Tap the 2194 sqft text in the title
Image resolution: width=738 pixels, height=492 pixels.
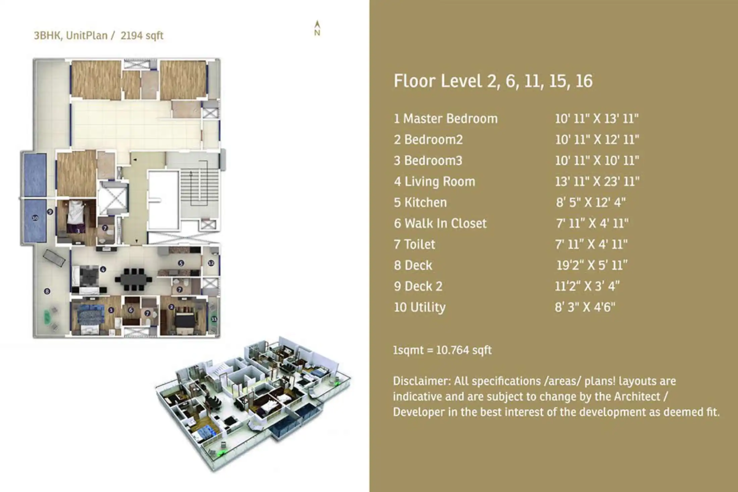pos(142,36)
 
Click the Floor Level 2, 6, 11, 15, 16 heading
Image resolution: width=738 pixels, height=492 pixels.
pos(493,81)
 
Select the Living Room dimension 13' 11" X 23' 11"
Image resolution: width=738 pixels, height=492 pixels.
pos(597,182)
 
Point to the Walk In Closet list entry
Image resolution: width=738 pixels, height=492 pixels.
pos(440,224)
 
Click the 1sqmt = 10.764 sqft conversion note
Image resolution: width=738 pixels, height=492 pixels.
pos(442,350)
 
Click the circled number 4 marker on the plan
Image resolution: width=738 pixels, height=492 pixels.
pos(103,269)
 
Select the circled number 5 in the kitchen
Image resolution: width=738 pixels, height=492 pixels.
pos(181,263)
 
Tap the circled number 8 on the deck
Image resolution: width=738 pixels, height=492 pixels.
pos(47,291)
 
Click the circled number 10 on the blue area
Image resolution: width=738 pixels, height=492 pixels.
pos(35,218)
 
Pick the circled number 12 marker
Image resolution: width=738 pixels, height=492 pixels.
pos(211,263)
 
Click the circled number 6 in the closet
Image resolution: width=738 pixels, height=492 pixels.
pos(131,310)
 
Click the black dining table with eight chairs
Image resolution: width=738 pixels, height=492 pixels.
pos(134,279)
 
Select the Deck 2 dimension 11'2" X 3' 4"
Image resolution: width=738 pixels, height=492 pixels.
pos(587,286)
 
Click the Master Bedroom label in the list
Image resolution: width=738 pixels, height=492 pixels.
pos(445,119)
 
